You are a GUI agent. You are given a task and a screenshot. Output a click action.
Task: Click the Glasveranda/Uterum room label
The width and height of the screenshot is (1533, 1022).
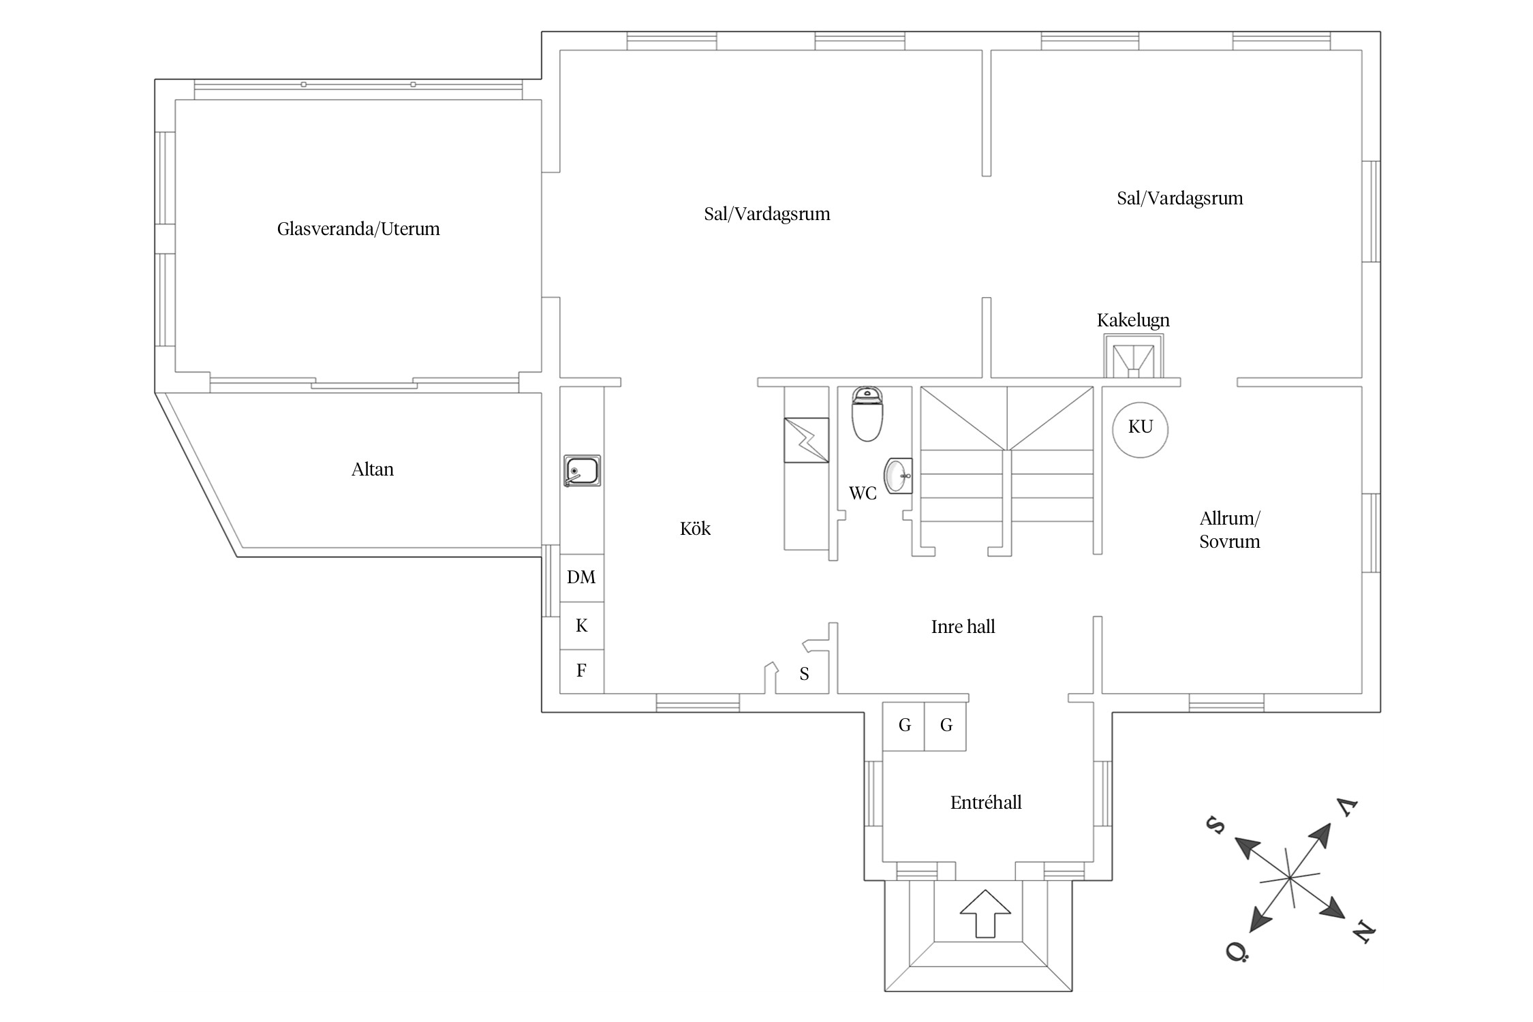[358, 229]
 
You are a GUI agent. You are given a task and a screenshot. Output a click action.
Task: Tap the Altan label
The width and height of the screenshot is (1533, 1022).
[373, 469]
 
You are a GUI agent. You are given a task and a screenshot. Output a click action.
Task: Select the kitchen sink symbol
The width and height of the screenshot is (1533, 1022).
[582, 471]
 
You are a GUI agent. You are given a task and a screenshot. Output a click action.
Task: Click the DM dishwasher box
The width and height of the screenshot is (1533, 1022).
[582, 578]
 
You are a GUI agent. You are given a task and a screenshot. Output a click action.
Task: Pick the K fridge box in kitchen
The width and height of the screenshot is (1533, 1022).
[582, 626]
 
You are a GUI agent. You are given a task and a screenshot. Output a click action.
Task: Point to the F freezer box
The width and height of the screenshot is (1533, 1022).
[582, 672]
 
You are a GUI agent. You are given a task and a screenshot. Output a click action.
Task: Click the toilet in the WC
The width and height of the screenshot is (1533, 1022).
[867, 414]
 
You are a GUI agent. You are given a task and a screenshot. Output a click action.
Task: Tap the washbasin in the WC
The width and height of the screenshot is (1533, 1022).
[898, 475]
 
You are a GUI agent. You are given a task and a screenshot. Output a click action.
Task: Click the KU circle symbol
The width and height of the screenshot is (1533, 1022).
[1140, 429]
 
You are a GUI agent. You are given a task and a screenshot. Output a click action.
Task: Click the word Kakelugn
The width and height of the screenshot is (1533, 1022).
[1133, 321]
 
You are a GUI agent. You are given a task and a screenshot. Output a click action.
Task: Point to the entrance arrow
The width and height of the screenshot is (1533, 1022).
[985, 913]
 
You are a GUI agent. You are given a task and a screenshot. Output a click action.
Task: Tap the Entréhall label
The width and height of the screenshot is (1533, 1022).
[986, 803]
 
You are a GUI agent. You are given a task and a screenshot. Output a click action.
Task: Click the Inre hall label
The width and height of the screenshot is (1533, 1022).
[963, 627]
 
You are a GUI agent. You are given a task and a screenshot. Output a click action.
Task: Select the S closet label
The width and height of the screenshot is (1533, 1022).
[805, 675]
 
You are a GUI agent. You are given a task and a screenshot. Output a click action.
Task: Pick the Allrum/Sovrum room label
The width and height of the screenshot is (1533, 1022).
[1230, 530]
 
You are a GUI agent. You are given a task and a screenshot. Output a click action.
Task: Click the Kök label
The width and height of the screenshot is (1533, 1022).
[695, 529]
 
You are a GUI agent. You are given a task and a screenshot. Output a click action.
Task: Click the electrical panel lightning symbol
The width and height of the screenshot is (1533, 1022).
[807, 440]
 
